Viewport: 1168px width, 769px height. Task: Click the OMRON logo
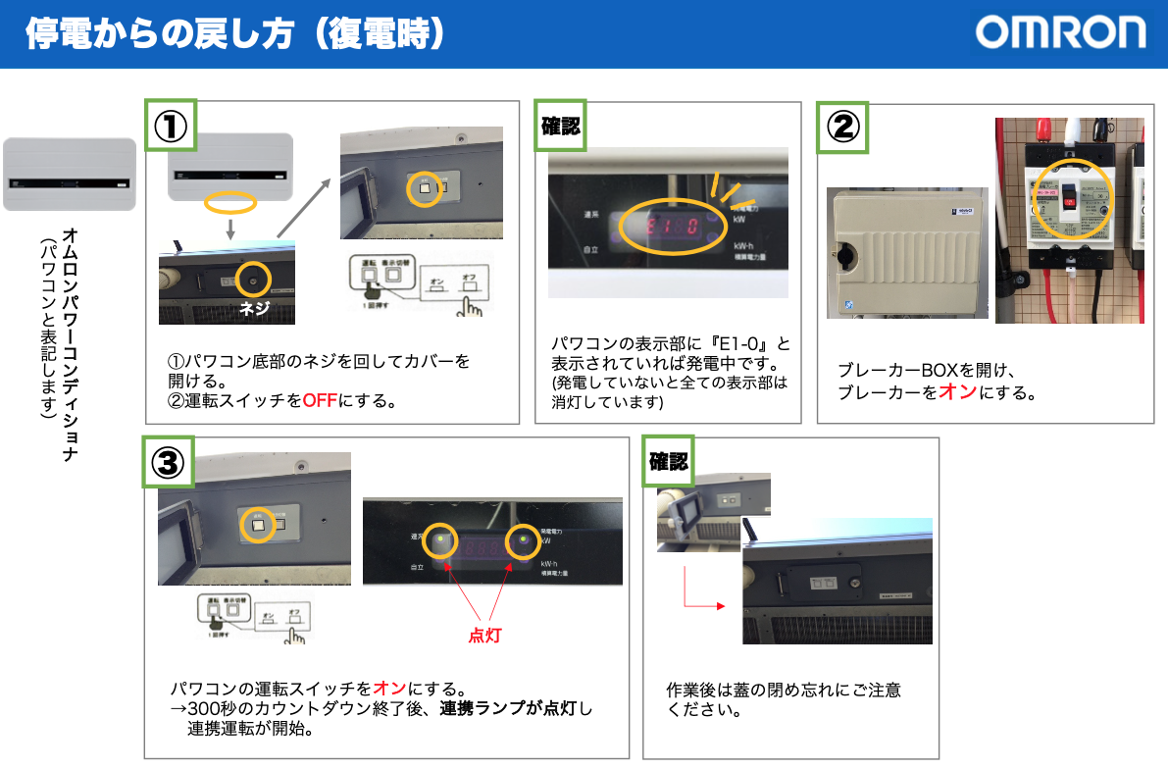pyautogui.click(x=1060, y=33)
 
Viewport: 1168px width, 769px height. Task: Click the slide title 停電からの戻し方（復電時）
pyautogui.click(x=235, y=34)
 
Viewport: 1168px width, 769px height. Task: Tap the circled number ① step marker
pyautogui.click(x=170, y=125)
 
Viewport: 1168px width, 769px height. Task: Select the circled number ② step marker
pyautogui.click(x=842, y=126)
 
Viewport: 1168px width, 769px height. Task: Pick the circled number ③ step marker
pyautogui.click(x=169, y=462)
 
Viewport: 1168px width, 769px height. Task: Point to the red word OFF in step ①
pyautogui.click(x=319, y=400)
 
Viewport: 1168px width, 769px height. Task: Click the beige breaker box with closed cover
pyautogui.click(x=906, y=252)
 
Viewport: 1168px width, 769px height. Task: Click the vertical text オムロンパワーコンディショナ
pyautogui.click(x=70, y=342)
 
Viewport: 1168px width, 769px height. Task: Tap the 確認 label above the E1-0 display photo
pyautogui.click(x=560, y=126)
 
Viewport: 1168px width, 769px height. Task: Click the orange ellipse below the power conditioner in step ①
pyautogui.click(x=230, y=203)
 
